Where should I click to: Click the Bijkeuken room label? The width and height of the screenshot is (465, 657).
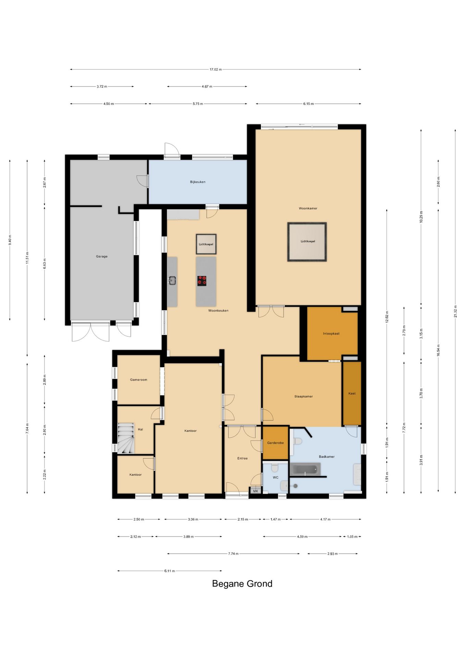coord(198,182)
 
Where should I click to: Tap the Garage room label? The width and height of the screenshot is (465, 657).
coord(102,256)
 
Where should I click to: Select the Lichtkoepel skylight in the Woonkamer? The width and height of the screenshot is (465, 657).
coord(307,242)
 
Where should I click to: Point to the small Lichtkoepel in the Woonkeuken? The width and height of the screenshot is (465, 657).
coord(206,244)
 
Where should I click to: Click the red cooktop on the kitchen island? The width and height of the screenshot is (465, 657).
coord(202,281)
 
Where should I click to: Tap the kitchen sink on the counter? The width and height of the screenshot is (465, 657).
coord(172,281)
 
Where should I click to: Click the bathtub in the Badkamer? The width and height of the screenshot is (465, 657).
coord(305,469)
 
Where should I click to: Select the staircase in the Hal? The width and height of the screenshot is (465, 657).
coord(126,438)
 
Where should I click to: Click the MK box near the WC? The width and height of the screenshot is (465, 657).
coord(255,491)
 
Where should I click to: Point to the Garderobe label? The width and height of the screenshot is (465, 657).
coord(276,443)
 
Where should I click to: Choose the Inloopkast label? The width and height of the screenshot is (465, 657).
coord(331,334)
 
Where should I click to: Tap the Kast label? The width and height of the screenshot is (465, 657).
coord(352,394)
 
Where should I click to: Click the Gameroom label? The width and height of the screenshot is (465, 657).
coord(139,380)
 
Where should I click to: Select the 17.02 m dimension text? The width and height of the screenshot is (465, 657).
coord(216,69)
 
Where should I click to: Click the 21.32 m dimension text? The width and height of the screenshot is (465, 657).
coord(455,311)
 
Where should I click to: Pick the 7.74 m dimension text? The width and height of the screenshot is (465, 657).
coord(234,554)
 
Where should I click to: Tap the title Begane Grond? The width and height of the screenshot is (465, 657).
coord(242,584)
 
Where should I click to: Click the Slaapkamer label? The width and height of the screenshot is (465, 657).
coord(304,397)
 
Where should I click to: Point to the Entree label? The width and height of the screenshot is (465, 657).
coord(242,459)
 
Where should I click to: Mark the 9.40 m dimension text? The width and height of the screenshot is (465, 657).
coord(10,240)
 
